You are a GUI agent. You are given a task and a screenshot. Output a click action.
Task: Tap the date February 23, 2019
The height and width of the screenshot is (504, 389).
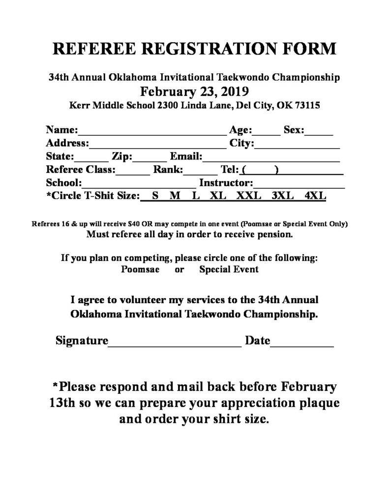pyautogui.click(x=194, y=91)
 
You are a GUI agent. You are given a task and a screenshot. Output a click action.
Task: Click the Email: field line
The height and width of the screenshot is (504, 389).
pyautogui.click(x=271, y=158)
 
